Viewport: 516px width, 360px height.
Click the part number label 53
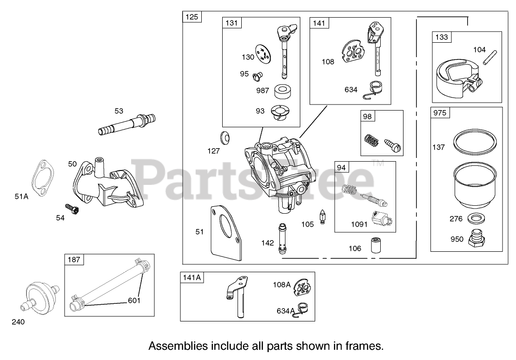pos(119,111)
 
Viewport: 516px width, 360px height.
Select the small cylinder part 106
pos(375,245)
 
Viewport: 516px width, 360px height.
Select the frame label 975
pos(440,112)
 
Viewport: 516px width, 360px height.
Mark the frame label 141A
pos(192,277)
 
